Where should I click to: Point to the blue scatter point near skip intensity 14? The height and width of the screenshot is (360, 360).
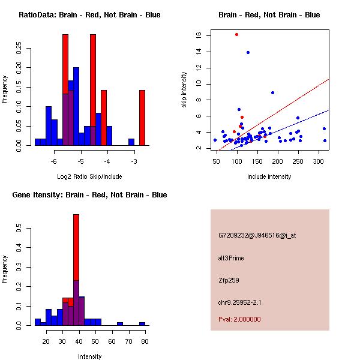pos(248,52)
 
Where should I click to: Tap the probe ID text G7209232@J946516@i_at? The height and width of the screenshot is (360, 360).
pos(257,235)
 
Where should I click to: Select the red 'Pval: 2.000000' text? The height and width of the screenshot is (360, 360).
pos(239,319)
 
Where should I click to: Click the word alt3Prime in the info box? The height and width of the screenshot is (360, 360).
pos(231,258)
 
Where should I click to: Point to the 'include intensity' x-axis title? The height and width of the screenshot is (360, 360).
pos(269,176)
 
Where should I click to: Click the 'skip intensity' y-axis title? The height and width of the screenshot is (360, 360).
pos(185,90)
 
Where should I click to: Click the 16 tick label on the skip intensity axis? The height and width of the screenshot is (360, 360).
pos(199,35)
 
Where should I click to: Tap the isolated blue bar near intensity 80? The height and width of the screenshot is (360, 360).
pos(142,323)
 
